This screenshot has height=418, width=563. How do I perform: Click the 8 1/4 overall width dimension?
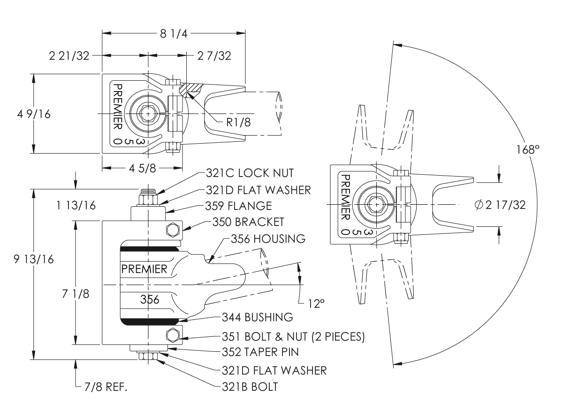[174, 33]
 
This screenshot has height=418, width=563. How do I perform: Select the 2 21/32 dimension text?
[69, 56]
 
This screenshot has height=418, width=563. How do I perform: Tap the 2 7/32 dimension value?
[214, 56]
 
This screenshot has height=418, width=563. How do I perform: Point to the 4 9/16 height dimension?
[34, 114]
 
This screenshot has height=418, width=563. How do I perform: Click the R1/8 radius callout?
[238, 122]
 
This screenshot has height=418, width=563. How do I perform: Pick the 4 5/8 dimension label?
[143, 168]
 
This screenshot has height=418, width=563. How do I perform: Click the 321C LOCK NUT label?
[250, 173]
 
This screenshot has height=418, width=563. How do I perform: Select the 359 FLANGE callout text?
[239, 206]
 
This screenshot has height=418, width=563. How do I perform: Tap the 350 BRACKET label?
[248, 222]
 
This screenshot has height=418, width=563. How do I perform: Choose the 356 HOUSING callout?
[268, 239]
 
